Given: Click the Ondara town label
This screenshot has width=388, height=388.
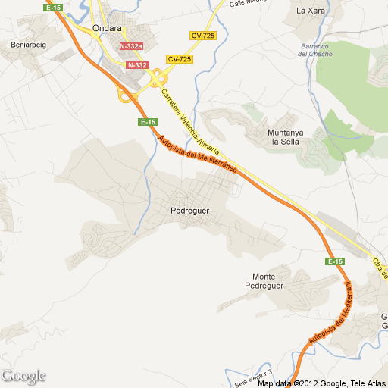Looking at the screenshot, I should pos(107,29).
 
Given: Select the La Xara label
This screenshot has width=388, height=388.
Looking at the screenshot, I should pos(310,11).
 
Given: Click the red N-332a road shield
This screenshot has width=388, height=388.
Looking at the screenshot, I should pos(131,46).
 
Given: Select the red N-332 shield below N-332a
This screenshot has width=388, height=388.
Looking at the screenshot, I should pos(137,65).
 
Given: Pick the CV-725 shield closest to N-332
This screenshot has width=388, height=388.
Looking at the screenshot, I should pos(180,59).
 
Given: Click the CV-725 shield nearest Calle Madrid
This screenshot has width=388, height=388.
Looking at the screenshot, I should pos(202,36).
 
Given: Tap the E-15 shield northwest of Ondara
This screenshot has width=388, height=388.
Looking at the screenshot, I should pos(53,7).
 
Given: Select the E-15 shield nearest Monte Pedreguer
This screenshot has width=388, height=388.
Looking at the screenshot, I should pos(335,261).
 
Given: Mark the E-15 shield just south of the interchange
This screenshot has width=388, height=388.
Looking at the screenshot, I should pos(148,122).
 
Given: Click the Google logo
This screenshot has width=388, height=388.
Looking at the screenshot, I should pos(23,376).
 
